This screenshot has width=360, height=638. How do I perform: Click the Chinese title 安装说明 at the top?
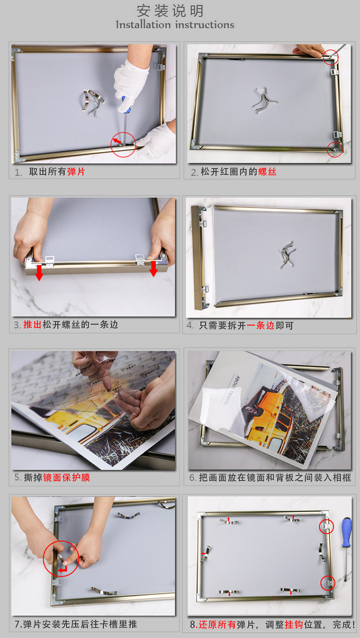170,11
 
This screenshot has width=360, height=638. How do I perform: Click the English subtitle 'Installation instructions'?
175,25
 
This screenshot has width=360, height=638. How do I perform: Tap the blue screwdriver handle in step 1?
126,104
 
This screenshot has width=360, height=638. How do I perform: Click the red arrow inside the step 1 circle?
117,142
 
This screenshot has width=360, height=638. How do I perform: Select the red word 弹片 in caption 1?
76,172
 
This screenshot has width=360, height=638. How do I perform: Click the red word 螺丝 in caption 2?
267,172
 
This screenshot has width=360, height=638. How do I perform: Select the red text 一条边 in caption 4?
261,325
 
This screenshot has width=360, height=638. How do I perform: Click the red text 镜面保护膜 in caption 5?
67,477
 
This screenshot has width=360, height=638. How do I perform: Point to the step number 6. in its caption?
192,478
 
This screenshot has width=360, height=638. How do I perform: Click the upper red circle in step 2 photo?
331,58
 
